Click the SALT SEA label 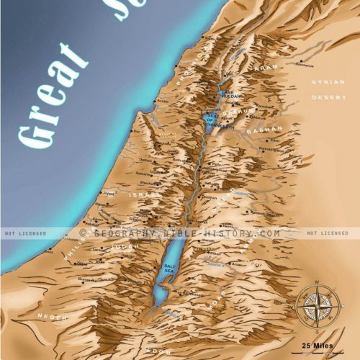[x=170, y=269]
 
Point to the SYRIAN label [x=323, y=83]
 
